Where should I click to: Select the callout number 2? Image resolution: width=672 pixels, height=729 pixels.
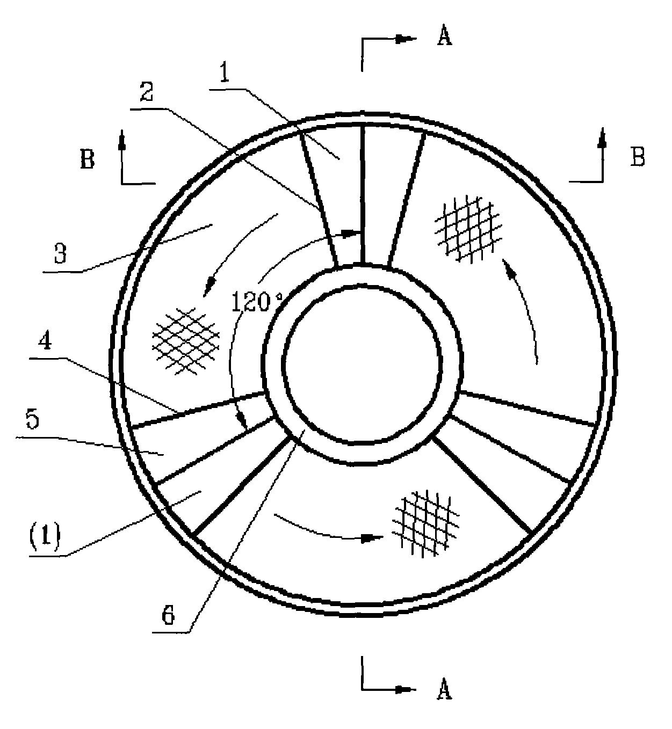(147, 91)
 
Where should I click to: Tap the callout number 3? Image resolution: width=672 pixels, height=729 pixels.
(60, 253)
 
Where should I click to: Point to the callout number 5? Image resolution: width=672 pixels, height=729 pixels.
(33, 419)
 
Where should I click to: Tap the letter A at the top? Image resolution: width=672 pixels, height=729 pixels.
(444, 37)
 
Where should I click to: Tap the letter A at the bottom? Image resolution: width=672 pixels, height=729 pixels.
(444, 689)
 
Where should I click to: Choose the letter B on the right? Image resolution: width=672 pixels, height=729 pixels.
(638, 157)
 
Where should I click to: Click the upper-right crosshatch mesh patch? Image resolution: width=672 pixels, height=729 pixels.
(468, 228)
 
